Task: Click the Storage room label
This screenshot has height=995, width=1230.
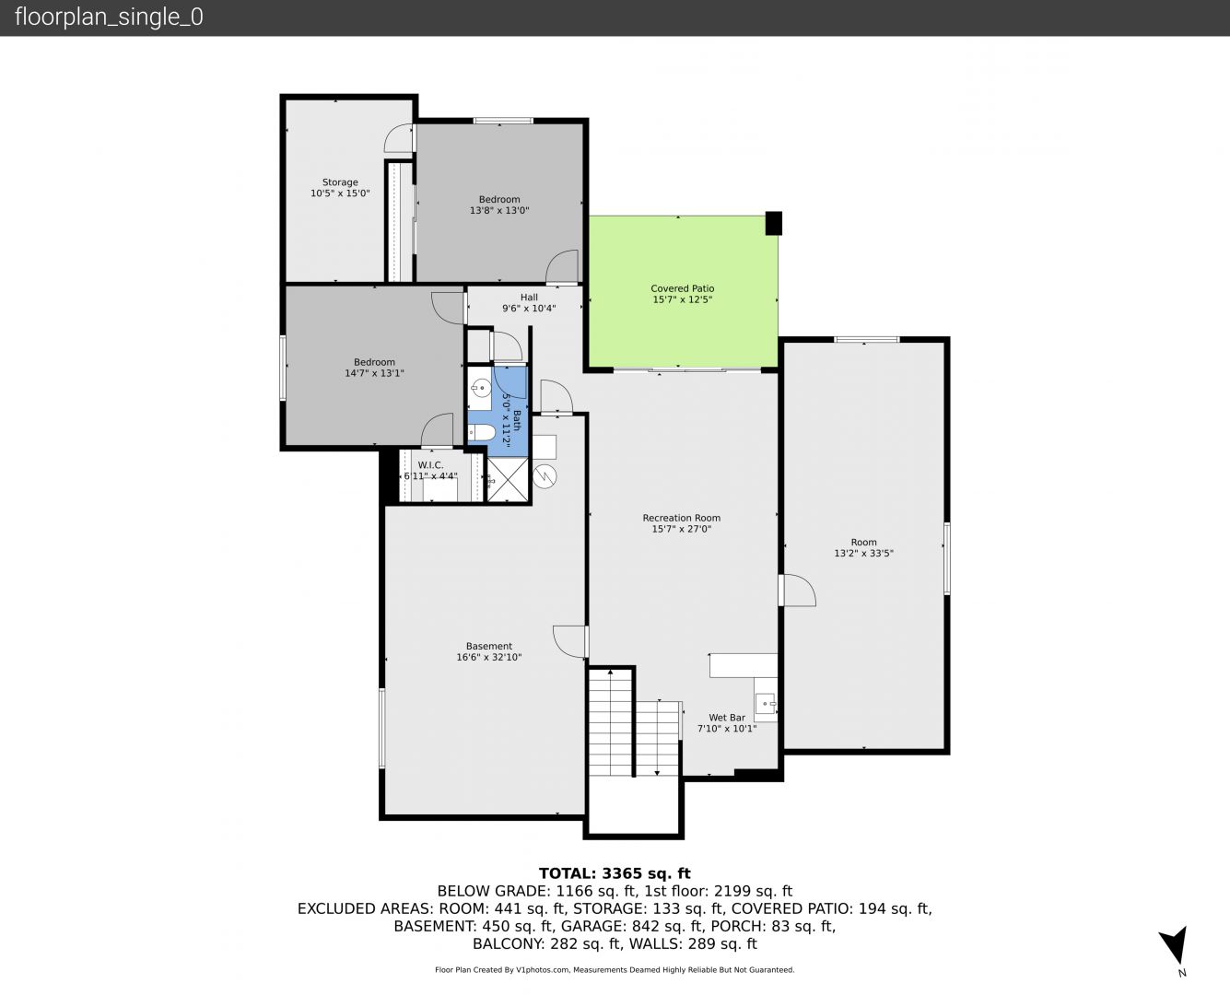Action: click(340, 181)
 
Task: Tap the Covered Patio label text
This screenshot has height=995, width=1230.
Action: click(682, 288)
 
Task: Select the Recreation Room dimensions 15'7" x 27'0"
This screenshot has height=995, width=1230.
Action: click(682, 529)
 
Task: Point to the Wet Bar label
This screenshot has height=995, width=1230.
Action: click(727, 718)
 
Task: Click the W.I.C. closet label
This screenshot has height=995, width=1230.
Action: click(430, 465)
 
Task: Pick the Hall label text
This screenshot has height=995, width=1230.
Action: click(529, 298)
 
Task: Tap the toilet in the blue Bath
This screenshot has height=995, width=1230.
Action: click(480, 432)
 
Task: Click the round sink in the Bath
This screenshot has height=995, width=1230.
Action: click(479, 387)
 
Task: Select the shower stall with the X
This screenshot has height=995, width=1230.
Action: click(508, 479)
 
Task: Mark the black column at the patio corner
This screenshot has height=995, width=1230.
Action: click(773, 223)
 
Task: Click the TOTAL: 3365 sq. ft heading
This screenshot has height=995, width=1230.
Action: click(615, 873)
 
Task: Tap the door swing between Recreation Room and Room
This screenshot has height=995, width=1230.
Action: click(798, 591)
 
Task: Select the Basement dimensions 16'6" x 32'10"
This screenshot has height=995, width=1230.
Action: click(488, 657)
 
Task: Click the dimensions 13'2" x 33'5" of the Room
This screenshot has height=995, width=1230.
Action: click(863, 553)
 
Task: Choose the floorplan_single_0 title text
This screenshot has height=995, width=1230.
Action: click(109, 18)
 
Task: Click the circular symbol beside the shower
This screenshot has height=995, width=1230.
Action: click(545, 477)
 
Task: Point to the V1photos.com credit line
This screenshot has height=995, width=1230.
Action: click(615, 969)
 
